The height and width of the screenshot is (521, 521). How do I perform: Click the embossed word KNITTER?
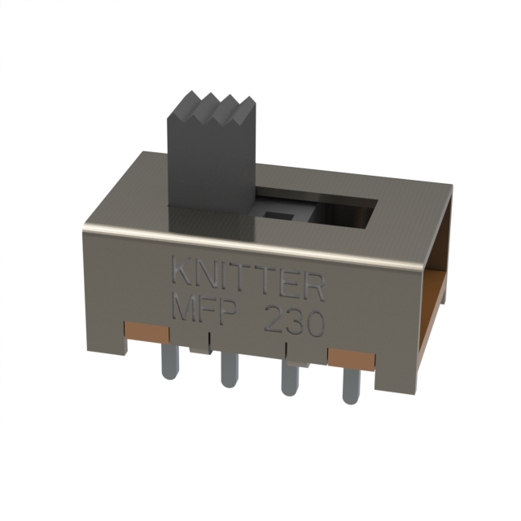(x=247, y=280)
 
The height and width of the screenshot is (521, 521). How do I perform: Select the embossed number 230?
(x=293, y=323)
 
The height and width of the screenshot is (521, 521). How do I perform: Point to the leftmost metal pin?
(x=170, y=361)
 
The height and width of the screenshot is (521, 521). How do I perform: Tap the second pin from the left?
(x=229, y=370)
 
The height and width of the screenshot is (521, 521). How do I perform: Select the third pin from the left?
(x=290, y=379)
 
